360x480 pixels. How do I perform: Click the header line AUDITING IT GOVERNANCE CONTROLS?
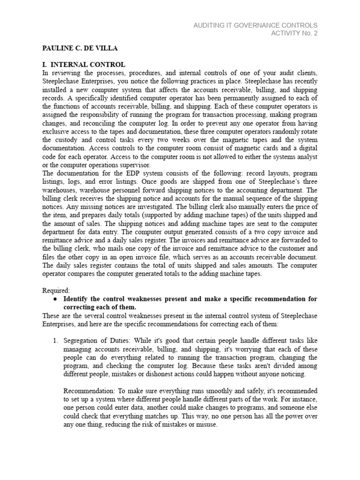coord(255,25)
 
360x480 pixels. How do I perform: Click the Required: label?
coord(56,290)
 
